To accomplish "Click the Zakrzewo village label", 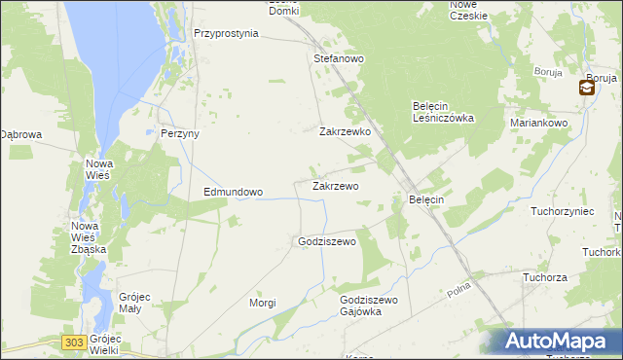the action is (335, 186).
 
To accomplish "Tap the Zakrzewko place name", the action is (345, 131).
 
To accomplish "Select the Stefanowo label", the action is (338, 59).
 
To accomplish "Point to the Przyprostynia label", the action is (226, 33).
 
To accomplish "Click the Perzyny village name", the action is (179, 134).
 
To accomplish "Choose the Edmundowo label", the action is (233, 193).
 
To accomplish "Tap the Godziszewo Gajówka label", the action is (369, 306).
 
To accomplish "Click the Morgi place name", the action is (262, 303).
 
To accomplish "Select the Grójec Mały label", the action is (129, 303).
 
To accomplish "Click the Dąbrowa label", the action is (19, 135).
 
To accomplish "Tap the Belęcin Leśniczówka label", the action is (443, 112).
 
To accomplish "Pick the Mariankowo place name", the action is (538, 124).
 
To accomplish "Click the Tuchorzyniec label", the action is (562, 210).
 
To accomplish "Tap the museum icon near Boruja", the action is (587, 88).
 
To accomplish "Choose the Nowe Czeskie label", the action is (468, 10).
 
